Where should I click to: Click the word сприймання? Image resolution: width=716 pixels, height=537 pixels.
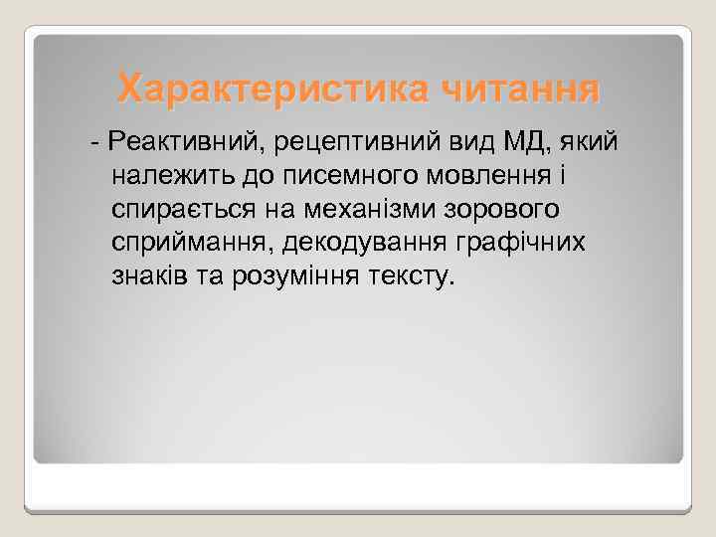(189, 244)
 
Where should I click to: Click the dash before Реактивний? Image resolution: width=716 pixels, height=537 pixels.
(94, 143)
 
